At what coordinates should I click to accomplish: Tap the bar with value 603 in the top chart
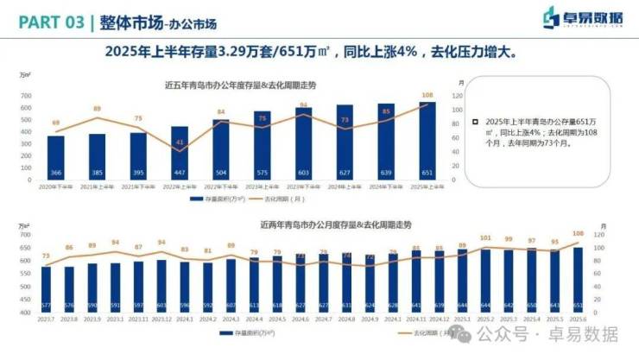coord(303,144)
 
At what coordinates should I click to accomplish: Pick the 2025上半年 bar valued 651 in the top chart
coord(427,142)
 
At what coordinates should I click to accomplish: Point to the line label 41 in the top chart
coord(180,141)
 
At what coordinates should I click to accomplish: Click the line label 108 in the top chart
coord(427,95)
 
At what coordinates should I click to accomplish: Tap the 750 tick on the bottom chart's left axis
coord(24,235)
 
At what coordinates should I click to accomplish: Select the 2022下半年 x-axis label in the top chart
coord(221,186)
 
